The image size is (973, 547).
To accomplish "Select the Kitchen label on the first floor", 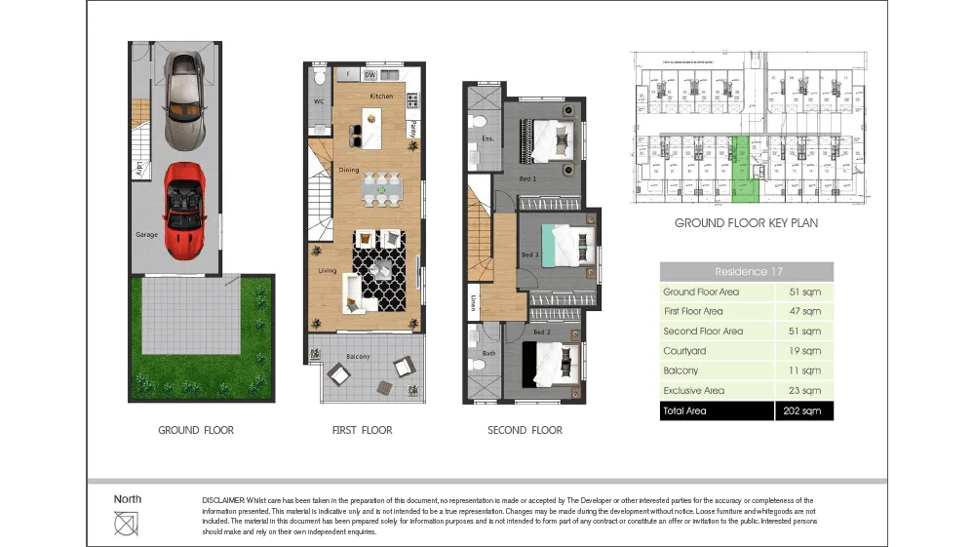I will pos(380,97).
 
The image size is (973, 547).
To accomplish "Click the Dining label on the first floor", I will pos(349,170).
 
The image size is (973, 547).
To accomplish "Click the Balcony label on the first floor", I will pos(358,357).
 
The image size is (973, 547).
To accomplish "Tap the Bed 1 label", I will pos(527,179).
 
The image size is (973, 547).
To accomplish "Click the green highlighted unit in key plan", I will pos(742,171).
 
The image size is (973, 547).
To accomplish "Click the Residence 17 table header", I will pos(747,272).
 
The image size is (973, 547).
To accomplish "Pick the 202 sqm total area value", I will pos(804,411).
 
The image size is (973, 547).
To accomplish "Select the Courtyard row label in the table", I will pos(684,351).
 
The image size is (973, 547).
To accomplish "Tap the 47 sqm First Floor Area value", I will pos(804,311).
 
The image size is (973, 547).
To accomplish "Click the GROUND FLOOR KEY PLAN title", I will pos(746,223).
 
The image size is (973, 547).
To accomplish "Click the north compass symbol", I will pos(126,524).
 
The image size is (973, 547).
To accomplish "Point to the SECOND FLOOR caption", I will pos(525,430).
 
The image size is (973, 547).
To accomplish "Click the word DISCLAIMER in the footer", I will pos(223,500).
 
